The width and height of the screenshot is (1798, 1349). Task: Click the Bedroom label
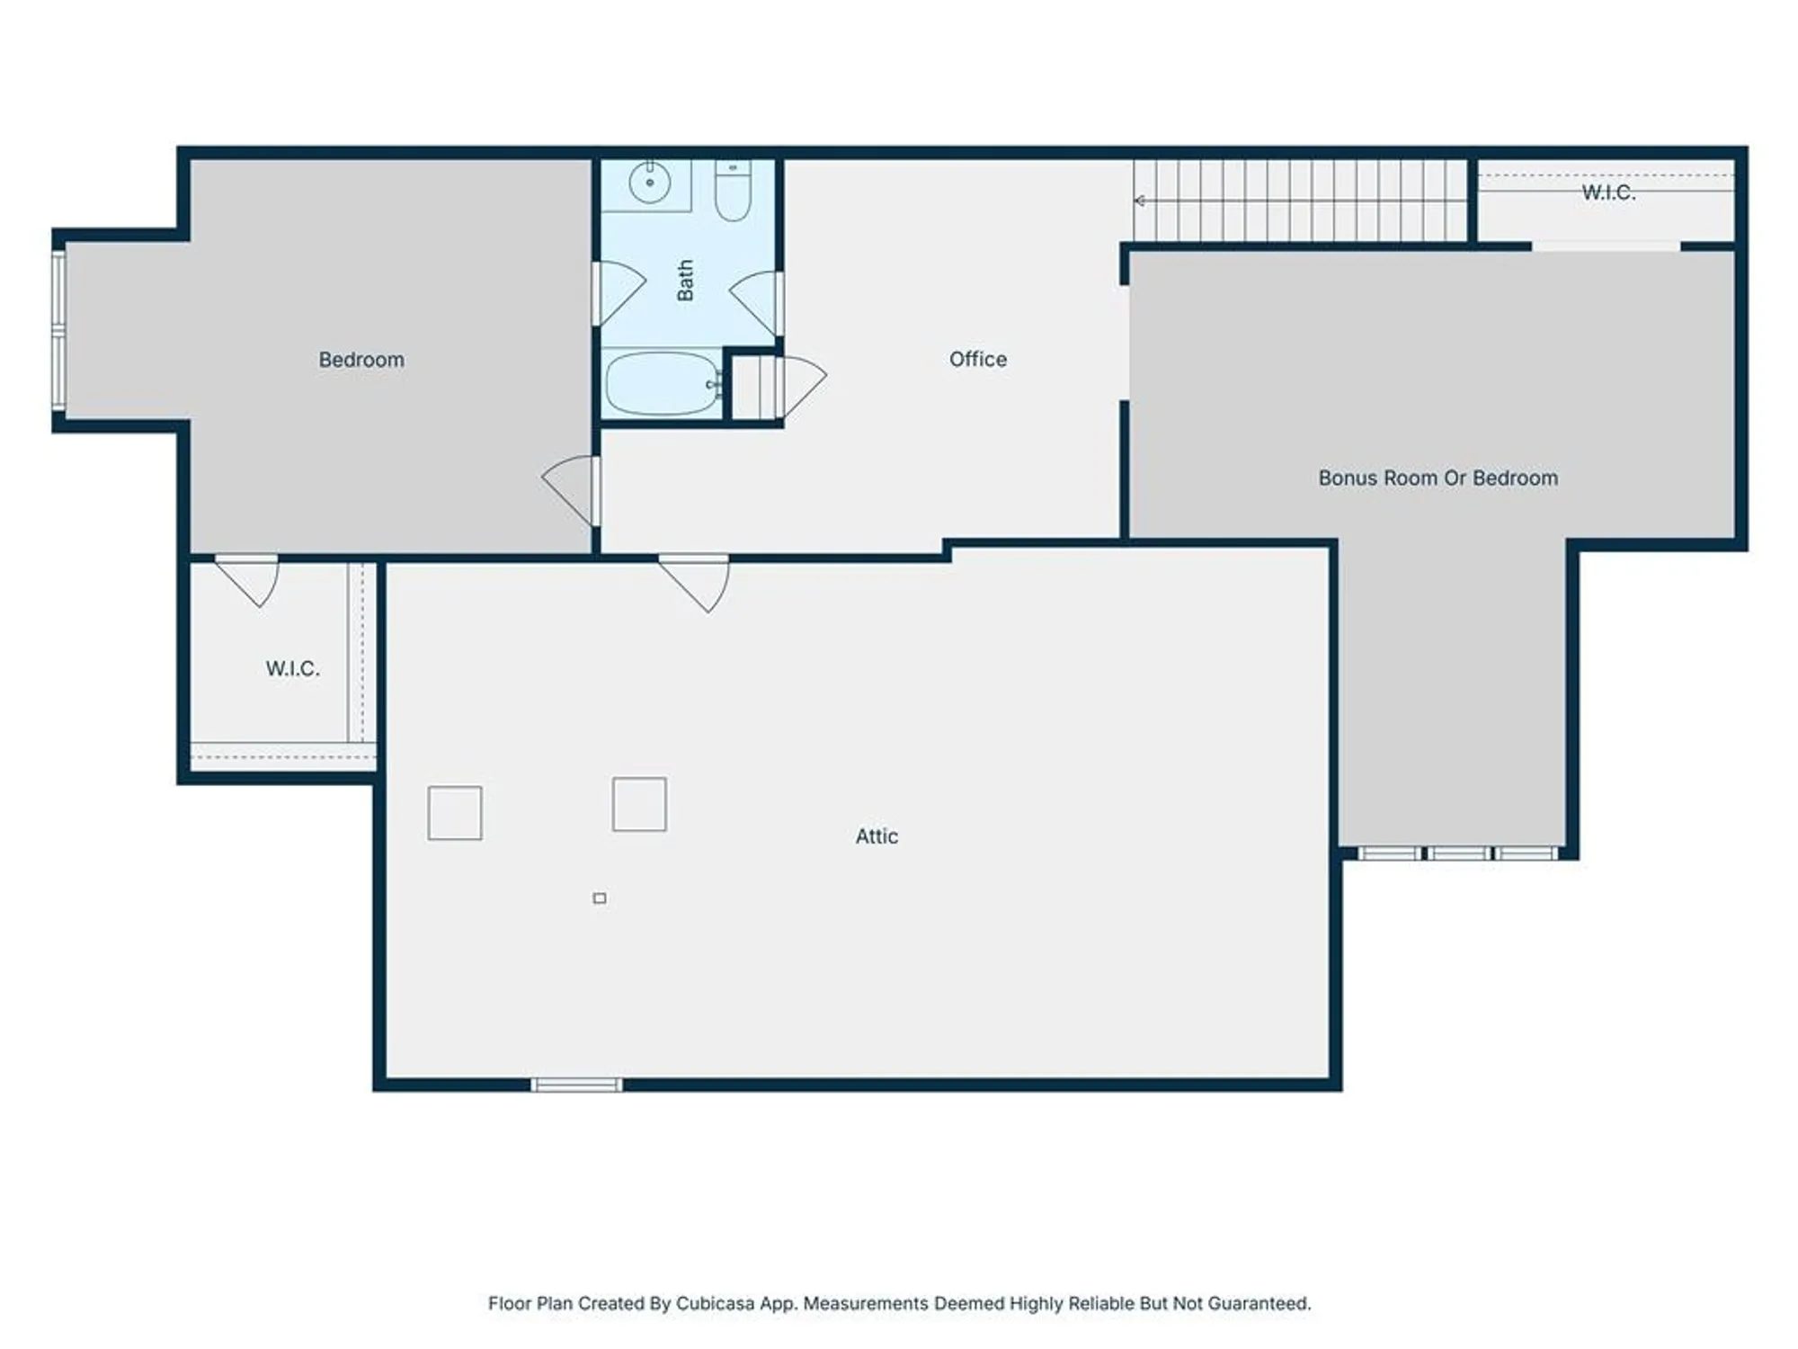point(361,360)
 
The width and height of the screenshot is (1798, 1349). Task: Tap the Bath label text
point(685,281)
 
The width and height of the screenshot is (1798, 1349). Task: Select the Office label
point(977,359)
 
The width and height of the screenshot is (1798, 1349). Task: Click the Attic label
point(876,836)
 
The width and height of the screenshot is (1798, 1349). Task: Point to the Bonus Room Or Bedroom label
point(1438,478)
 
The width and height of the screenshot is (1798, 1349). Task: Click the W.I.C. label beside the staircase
point(1607,192)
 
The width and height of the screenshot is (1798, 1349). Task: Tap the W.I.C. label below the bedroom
point(292,668)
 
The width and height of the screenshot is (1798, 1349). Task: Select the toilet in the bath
point(733,191)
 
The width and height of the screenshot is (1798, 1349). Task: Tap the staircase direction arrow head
point(1139,201)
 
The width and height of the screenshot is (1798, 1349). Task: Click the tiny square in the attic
point(600,898)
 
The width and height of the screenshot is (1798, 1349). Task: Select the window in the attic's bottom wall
point(576,1085)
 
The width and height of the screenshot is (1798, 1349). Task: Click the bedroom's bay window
point(59,331)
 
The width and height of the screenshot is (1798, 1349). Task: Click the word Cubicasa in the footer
point(716,1303)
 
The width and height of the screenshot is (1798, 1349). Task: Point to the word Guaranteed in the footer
point(1258,1303)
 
